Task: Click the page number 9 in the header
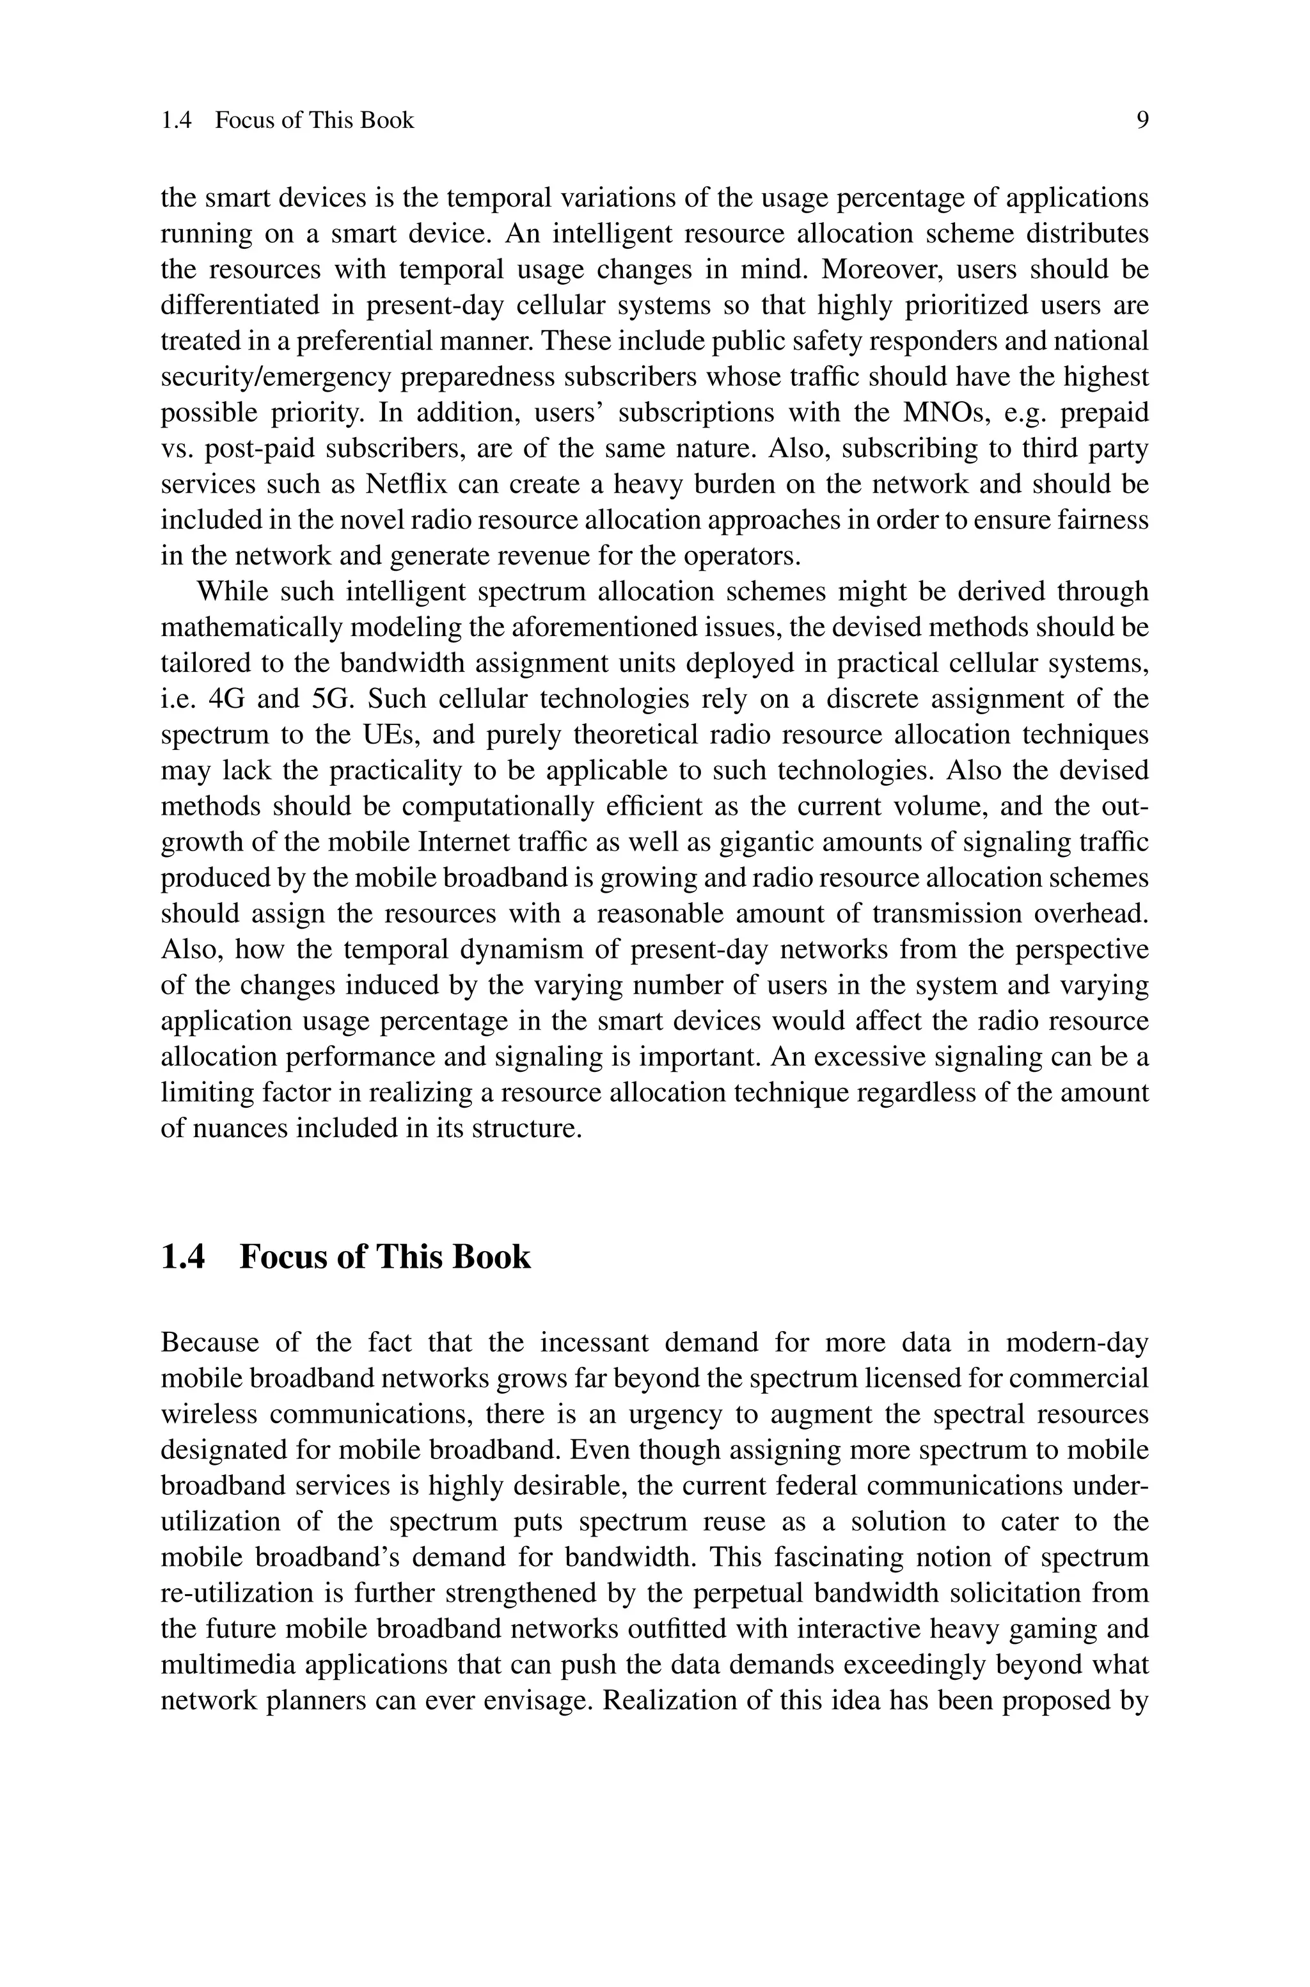1142,120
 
